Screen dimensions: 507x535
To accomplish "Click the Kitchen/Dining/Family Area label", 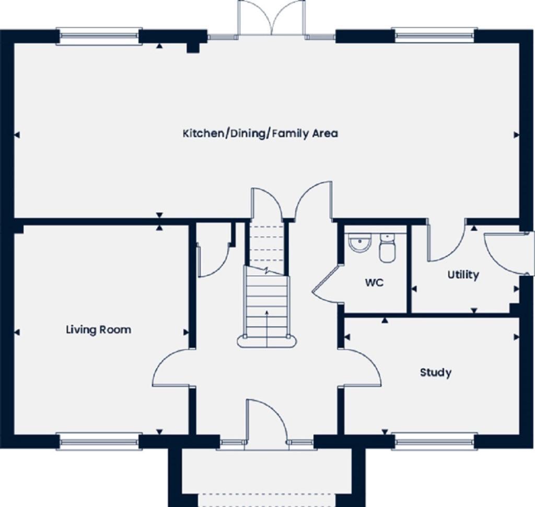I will coord(260,134).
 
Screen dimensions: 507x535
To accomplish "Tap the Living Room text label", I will coord(98,330).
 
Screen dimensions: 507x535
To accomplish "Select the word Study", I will coord(435,373).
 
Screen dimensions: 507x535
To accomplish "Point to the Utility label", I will coord(463,275).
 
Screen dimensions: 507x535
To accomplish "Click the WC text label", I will coord(374,283).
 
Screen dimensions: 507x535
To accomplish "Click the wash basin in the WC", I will coord(359,243).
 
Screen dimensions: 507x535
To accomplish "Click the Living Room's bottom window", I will coord(99,442).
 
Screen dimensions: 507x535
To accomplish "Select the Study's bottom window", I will coord(435,442).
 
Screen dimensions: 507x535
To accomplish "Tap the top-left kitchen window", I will coord(99,36).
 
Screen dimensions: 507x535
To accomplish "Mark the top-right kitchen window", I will coord(435,36).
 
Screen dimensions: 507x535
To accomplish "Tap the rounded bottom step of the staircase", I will coord(267,342).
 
